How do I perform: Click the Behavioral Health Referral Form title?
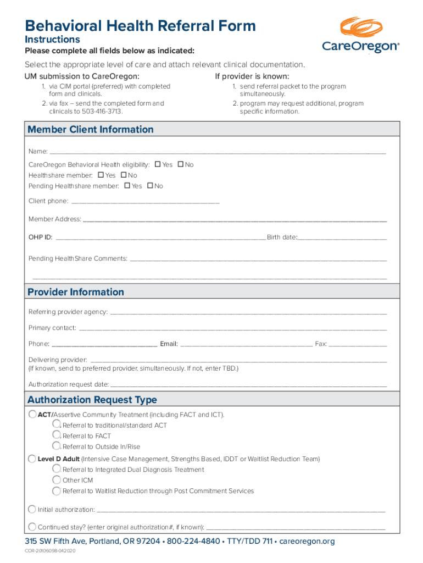[140, 25]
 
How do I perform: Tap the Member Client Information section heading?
[91, 130]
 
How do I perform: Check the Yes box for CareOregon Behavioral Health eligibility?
[158, 164]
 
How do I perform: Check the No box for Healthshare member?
[124, 175]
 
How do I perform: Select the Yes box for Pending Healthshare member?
[127, 186]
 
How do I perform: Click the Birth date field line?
[342, 239]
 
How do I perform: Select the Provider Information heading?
[76, 292]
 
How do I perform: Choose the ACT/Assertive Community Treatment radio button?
[32, 414]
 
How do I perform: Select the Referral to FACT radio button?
[56, 435]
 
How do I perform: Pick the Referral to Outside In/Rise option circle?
[56, 446]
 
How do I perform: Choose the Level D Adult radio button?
[32, 458]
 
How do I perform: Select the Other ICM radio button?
[56, 479]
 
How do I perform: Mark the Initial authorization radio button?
[32, 509]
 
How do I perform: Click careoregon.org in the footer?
[307, 542]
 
